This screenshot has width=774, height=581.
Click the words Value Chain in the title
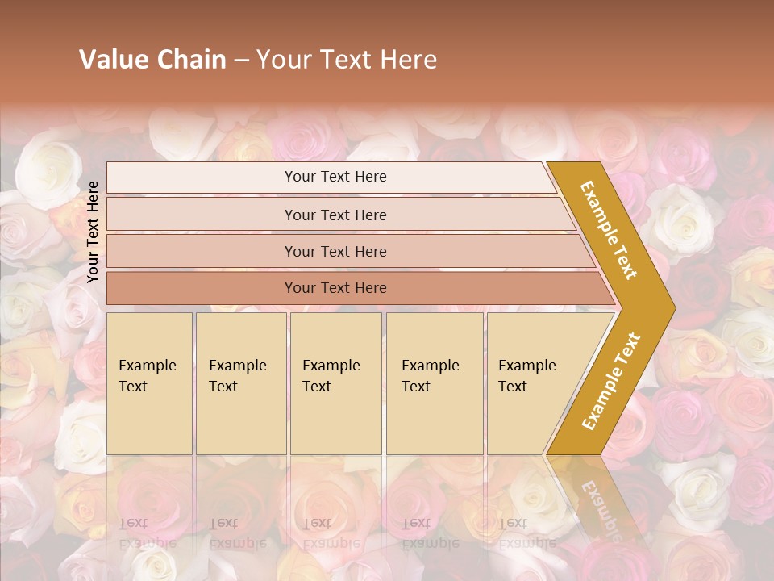(152, 60)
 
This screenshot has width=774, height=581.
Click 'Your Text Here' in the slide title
(347, 60)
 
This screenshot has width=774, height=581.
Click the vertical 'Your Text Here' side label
(94, 232)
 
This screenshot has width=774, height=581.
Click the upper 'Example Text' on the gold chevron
(609, 230)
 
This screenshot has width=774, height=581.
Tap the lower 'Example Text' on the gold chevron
(611, 382)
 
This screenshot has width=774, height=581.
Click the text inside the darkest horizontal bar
(335, 288)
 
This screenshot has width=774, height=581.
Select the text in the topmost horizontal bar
(335, 177)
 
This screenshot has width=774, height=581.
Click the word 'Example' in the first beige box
(147, 366)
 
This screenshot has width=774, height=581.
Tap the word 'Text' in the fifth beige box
(513, 387)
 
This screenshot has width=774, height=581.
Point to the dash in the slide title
(241, 61)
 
